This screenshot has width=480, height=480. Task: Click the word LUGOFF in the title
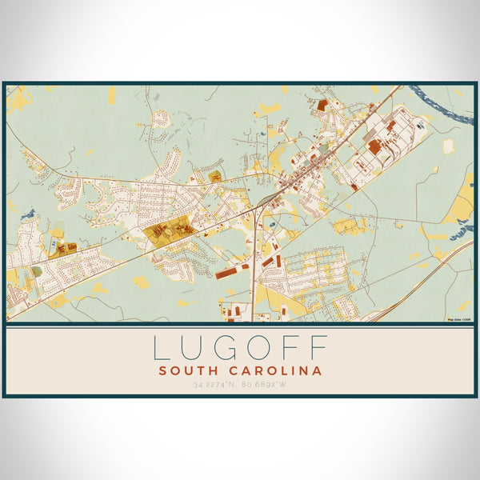point(240,349)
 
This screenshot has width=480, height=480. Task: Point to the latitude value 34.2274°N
point(214,386)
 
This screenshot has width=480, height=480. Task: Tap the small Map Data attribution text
point(460,318)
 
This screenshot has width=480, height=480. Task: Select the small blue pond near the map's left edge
point(29,214)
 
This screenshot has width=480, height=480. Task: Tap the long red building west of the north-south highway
point(226,274)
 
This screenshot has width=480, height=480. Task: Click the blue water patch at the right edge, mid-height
point(462,232)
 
